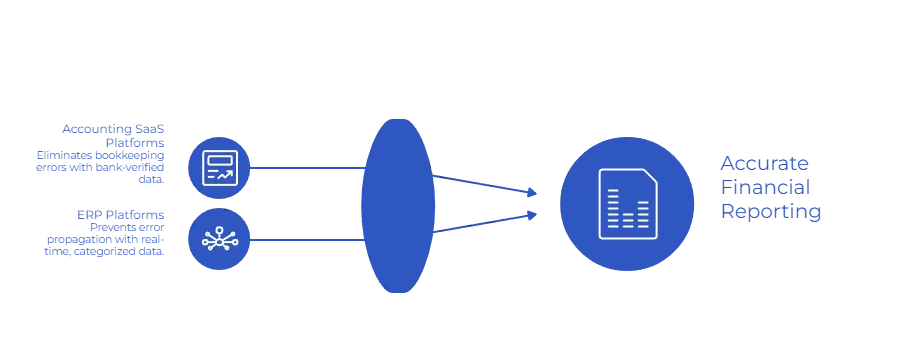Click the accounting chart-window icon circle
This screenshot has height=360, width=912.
point(219,167)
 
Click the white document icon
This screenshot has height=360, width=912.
point(627,204)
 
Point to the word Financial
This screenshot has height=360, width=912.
point(768,187)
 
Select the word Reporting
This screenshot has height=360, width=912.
point(772,211)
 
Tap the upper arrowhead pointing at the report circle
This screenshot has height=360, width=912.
point(533,191)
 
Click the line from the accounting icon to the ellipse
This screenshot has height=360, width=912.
point(305,168)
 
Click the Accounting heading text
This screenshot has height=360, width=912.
point(112,129)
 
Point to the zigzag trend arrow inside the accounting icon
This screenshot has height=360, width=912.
point(226,175)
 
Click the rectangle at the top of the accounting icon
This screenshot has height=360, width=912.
point(219,158)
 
